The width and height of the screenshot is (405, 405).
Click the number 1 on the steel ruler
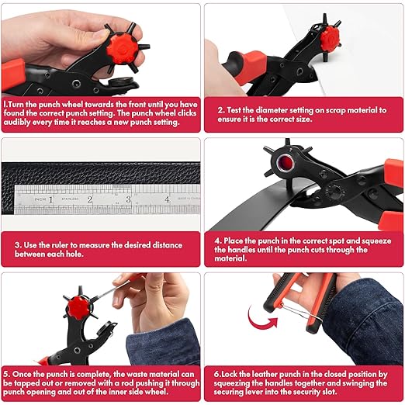(x=51, y=200)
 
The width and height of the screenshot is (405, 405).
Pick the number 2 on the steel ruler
(x=90, y=200)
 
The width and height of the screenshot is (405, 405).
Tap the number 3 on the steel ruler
(x=128, y=200)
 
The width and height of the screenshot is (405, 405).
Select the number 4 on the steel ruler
(x=167, y=200)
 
